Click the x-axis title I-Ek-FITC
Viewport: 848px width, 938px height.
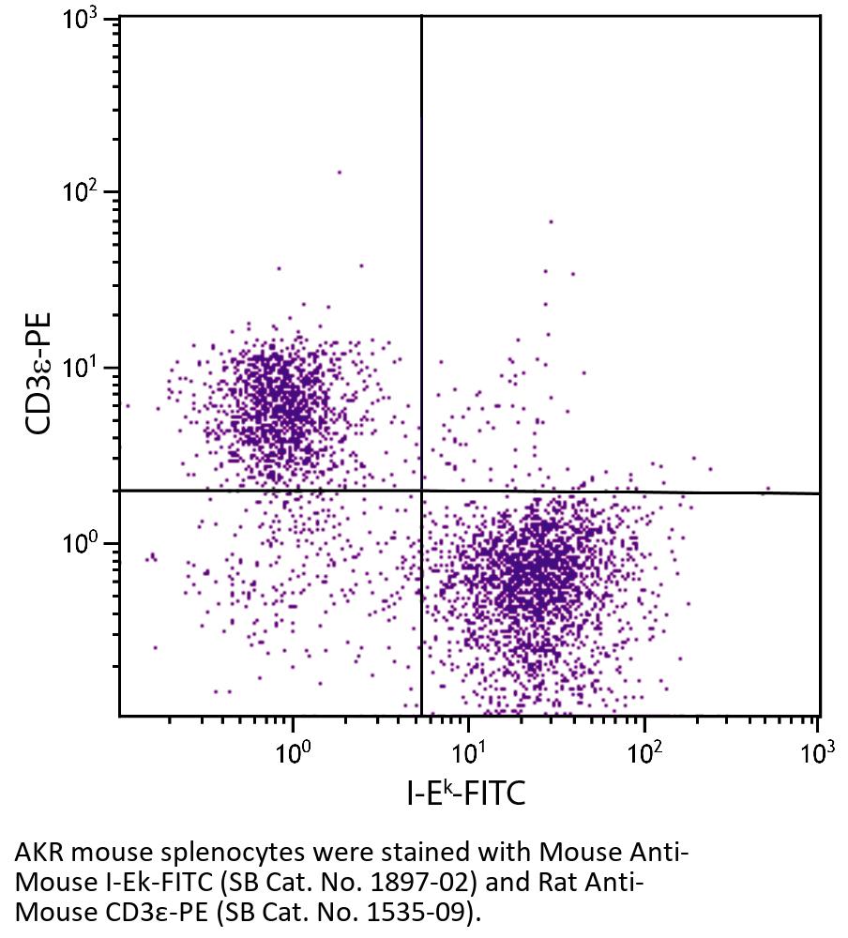point(465,794)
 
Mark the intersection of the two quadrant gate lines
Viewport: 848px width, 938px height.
point(421,491)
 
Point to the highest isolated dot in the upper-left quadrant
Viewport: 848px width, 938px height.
point(339,172)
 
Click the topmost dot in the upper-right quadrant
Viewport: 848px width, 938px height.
point(551,222)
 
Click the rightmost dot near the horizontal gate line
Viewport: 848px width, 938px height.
point(767,489)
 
